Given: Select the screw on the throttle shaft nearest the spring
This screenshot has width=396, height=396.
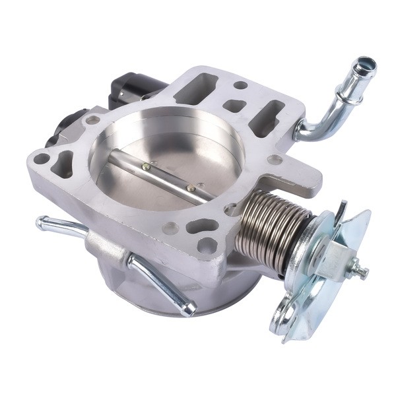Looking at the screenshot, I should [191, 189].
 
